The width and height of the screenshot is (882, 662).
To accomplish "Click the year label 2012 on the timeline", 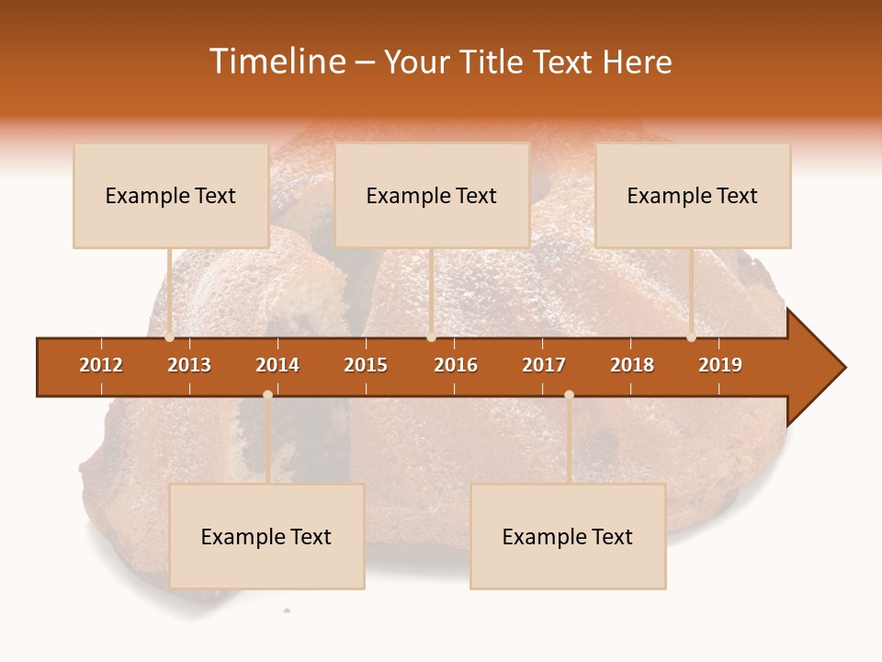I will click(x=101, y=365).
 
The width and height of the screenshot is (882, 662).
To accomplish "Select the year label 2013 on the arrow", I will click(x=189, y=365).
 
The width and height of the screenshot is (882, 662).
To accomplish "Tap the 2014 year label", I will click(x=277, y=365).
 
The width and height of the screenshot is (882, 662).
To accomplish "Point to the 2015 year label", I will click(x=366, y=365).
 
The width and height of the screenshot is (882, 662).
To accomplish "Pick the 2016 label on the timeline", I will click(x=456, y=365).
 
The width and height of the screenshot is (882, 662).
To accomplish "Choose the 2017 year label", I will click(x=544, y=365).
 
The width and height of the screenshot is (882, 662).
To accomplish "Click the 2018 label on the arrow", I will click(x=632, y=365).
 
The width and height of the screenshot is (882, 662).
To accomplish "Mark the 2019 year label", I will click(x=720, y=365).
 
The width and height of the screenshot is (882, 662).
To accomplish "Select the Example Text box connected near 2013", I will click(x=171, y=196).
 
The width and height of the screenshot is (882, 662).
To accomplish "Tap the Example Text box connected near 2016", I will click(x=432, y=196).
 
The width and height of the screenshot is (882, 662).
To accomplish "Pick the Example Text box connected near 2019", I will click(x=693, y=196).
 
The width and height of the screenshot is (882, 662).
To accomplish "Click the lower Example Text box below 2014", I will click(x=266, y=537).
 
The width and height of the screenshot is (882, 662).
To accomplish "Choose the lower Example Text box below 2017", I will click(x=568, y=537).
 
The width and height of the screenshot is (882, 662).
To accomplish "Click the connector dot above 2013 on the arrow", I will click(x=169, y=337).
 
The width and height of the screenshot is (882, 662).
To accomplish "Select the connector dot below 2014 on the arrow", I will click(x=267, y=395).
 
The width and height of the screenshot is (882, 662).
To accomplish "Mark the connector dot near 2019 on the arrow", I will click(x=691, y=337).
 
